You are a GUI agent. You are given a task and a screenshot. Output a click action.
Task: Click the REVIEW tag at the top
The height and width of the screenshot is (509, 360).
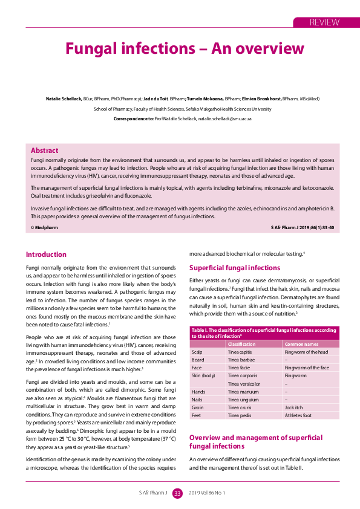[x=324, y=22]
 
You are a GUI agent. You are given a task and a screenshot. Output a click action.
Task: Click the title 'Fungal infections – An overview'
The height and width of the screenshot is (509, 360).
[x=185, y=48]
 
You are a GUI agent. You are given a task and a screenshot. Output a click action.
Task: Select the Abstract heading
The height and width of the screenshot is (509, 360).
[x=45, y=151]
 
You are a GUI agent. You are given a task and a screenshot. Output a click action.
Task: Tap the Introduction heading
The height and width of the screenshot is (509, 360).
[x=46, y=254]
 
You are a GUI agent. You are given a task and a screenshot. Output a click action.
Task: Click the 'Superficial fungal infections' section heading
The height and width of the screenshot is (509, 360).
[x=235, y=268]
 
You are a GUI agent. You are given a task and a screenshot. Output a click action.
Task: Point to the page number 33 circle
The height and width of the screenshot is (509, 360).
[x=177, y=493]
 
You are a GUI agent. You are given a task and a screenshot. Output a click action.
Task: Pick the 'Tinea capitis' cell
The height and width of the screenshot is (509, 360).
[x=241, y=351]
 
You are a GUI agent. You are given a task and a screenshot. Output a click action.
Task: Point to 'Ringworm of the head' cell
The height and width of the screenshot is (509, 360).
[x=306, y=351]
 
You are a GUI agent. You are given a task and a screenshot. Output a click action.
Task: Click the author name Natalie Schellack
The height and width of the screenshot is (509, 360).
[x=64, y=99]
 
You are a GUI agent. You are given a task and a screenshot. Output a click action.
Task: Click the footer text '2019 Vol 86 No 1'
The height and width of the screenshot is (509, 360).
[x=207, y=493]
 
